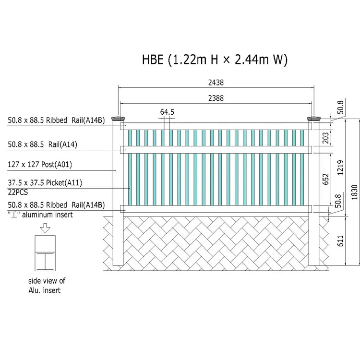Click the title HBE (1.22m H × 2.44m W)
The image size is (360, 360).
(x=215, y=60)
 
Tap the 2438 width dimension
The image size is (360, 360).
(x=216, y=83)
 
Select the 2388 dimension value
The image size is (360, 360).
(x=216, y=98)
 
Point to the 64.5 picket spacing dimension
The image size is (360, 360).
(x=167, y=112)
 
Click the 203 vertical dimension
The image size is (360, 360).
(x=325, y=138)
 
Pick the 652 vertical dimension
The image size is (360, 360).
(x=325, y=179)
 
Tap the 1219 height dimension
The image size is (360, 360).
(x=340, y=168)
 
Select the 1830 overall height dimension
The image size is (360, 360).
(x=355, y=192)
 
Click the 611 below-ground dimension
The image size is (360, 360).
(x=340, y=241)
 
